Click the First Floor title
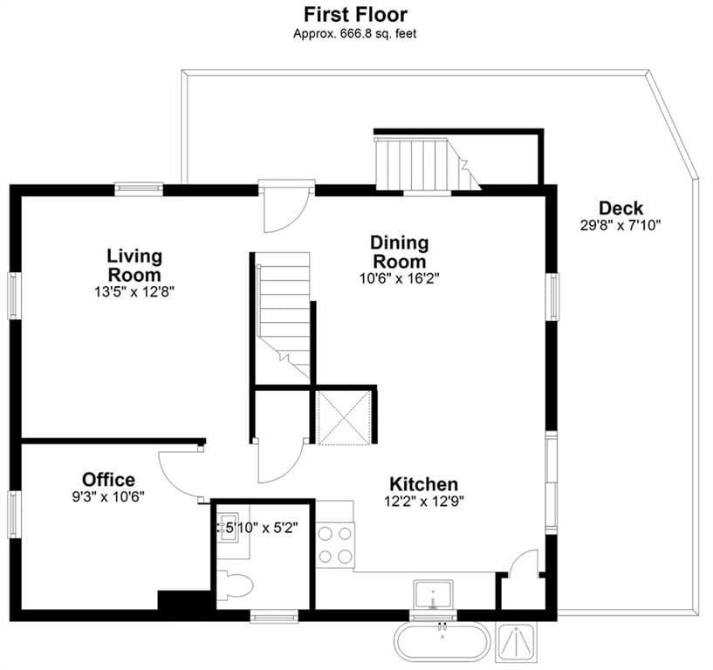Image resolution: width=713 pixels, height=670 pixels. click(355, 15)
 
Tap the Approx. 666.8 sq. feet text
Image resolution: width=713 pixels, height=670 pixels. click(354, 34)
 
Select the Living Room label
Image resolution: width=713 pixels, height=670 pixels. click(134, 265)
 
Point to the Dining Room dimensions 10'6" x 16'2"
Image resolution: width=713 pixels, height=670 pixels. click(399, 278)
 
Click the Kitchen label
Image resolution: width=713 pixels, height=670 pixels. click(424, 483)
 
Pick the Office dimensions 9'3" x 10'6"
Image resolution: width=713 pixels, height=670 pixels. click(108, 496)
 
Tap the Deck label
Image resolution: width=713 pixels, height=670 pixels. click(620, 209)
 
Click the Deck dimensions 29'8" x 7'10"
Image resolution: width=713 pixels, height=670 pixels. click(620, 225)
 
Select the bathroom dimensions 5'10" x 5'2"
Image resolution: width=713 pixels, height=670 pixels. click(261, 528)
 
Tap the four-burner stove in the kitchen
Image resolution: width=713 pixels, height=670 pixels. click(336, 545)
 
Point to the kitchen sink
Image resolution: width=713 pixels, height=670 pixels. click(433, 594)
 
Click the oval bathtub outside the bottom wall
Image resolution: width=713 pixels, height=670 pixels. click(442, 641)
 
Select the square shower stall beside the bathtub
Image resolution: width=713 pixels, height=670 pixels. click(517, 641)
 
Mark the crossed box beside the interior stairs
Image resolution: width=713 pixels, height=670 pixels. click(344, 418)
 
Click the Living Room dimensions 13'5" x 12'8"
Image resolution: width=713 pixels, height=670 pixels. click(134, 292)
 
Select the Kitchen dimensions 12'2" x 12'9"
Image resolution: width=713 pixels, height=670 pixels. click(424, 502)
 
